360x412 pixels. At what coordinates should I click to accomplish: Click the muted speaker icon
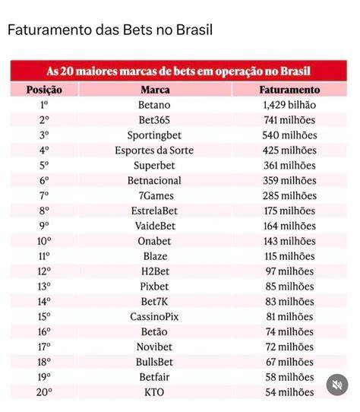click(337, 385)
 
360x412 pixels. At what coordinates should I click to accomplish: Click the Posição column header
click(44, 90)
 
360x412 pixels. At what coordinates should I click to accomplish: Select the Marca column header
click(155, 90)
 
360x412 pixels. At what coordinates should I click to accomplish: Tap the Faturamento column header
click(289, 90)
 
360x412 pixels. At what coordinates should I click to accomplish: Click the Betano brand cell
click(154, 105)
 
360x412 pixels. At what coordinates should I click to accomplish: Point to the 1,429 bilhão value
click(289, 105)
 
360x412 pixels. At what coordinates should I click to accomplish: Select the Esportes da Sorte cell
click(154, 151)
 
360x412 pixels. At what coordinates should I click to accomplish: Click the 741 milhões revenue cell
click(289, 120)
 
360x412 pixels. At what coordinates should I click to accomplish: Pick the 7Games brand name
click(156, 196)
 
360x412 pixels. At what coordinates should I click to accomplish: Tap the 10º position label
click(44, 241)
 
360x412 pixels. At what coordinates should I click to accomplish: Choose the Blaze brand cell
click(155, 256)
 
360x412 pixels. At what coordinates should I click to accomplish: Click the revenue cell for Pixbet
click(289, 287)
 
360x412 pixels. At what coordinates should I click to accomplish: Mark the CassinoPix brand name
click(154, 317)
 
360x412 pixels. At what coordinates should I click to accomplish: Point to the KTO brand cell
click(154, 392)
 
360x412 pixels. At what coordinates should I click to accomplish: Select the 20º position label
click(44, 392)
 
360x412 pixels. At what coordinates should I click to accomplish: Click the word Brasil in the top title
click(194, 30)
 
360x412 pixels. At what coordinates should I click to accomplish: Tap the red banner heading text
click(178, 71)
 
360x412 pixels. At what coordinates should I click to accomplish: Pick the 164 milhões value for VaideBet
click(289, 226)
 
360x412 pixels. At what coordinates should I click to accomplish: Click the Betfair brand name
click(154, 377)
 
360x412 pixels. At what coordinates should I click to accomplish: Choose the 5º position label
click(44, 166)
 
